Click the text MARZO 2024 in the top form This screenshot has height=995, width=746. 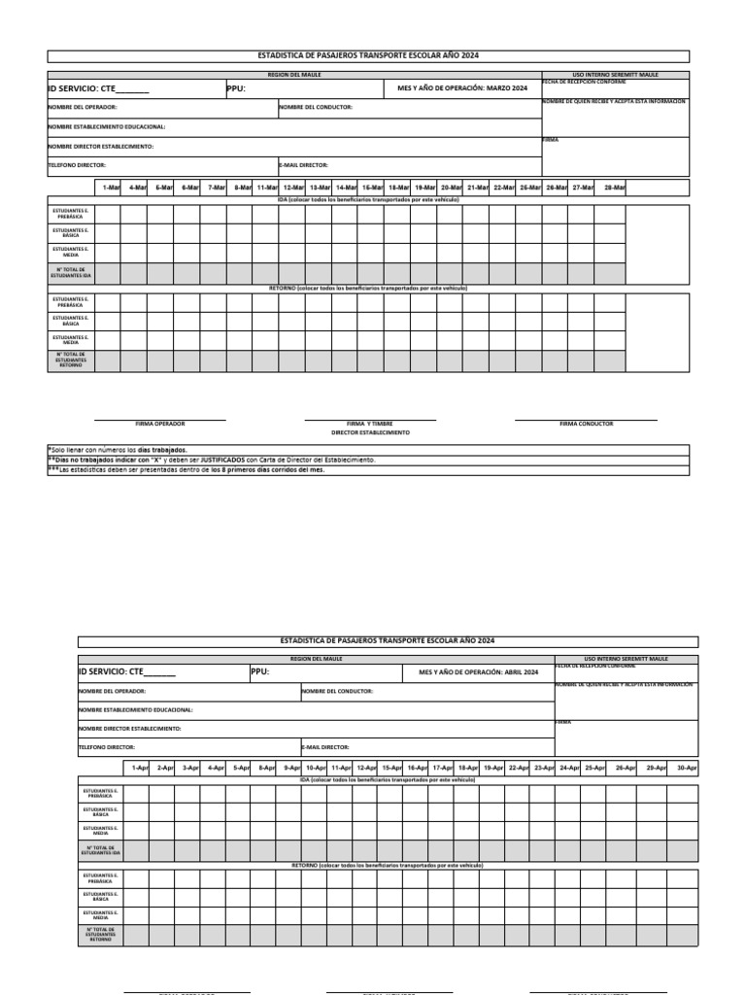pos(507,88)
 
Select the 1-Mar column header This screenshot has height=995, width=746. pos(111,187)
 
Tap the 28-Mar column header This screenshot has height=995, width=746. pos(615,187)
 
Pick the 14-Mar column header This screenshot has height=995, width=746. pos(347,187)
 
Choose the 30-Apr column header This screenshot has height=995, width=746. pos(687,768)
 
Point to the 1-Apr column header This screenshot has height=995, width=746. pos(140,768)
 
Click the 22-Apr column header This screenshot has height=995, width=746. pos(519,768)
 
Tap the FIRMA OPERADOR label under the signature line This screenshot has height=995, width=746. pos(160,424)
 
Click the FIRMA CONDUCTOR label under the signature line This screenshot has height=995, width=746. pos(586,424)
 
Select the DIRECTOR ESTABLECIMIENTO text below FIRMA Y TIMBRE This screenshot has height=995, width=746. pos(370,431)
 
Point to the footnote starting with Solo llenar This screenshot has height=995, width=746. pos(117,451)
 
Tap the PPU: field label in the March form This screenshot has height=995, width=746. pos(236,88)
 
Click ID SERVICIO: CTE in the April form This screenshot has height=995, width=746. pos(112,671)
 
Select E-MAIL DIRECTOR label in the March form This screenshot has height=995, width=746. pos(304,165)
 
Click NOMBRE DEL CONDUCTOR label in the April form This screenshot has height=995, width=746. pos(337,692)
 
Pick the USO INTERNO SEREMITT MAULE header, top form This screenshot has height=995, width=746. pos(615,74)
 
